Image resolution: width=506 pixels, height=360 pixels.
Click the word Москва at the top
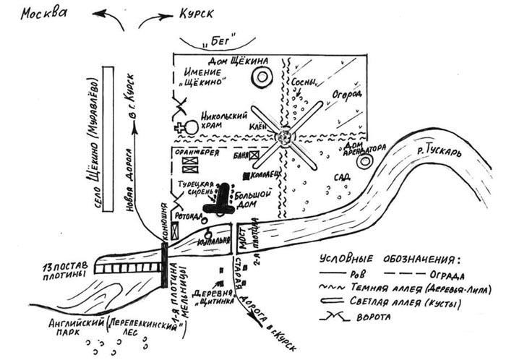click(x=48, y=14)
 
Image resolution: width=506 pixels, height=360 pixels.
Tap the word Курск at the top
click(x=191, y=15)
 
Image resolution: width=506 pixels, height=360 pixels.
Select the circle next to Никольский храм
click(x=192, y=128)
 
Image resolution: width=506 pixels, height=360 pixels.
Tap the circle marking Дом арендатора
click(x=364, y=160)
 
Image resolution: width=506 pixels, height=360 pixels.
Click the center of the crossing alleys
click(x=285, y=135)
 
